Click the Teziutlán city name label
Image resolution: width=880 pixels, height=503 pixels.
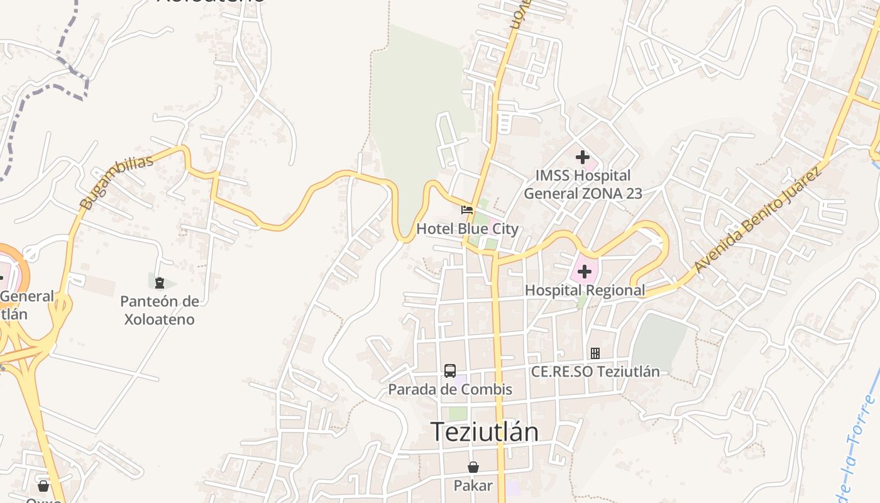tap(484, 432)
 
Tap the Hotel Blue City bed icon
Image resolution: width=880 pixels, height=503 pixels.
tap(467, 209)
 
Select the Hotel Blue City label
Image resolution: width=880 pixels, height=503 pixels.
tap(468, 228)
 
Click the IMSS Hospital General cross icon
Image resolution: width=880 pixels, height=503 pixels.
tap(583, 157)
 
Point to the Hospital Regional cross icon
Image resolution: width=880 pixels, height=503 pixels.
tap(585, 272)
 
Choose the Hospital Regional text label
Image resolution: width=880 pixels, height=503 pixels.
tap(585, 290)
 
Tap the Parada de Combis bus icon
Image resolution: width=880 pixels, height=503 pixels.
tap(450, 371)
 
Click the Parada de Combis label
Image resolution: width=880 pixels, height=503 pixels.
tap(450, 389)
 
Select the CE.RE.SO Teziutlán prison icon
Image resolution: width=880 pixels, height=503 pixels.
tap(595, 353)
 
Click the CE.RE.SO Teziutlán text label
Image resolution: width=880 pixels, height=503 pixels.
tap(595, 372)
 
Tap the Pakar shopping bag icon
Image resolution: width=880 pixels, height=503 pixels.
tap(473, 467)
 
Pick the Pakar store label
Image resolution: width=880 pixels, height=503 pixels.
tap(473, 485)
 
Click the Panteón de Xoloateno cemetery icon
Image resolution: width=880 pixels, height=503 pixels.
tap(159, 282)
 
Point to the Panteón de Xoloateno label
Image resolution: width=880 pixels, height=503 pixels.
tap(159, 310)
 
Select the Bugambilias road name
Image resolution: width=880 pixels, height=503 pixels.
tap(117, 183)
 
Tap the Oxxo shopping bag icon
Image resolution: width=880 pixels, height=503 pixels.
tap(43, 486)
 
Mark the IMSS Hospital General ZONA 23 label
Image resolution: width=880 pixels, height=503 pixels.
tap(583, 184)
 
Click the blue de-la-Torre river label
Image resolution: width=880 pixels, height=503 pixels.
tap(855, 446)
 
